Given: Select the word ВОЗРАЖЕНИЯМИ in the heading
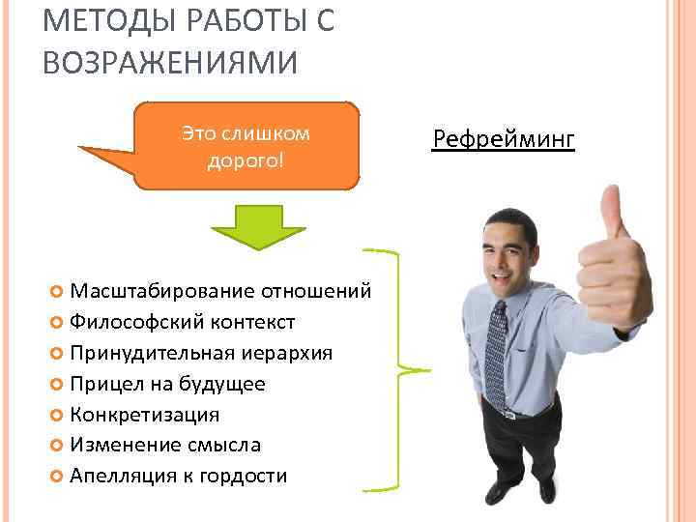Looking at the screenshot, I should [170, 63].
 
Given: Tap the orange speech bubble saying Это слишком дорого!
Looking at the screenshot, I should [246, 146].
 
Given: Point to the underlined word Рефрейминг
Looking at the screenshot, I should [504, 141].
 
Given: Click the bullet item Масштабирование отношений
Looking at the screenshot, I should [221, 292].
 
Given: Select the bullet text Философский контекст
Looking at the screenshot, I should [183, 322].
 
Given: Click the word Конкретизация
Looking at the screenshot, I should [145, 415].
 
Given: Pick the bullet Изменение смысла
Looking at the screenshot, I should [165, 445].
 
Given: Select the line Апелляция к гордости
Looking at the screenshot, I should [178, 476].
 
